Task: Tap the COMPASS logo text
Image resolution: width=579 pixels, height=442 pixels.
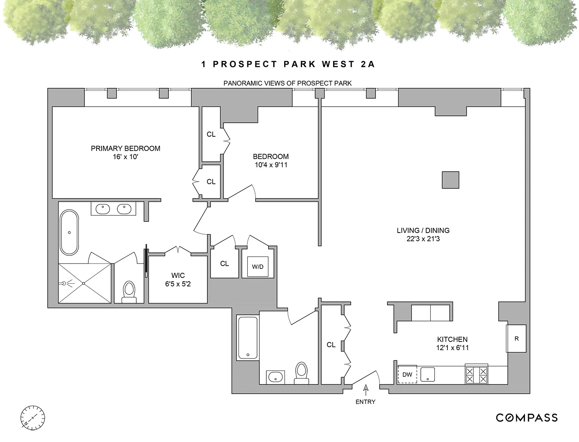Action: pos(527,418)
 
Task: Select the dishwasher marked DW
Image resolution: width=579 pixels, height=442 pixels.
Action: pos(407,374)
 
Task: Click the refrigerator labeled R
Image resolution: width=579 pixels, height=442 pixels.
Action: pos(516,338)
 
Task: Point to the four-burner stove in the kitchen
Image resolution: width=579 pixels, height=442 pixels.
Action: pos(476,374)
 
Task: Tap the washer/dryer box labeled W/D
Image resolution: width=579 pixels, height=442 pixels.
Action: pos(258,267)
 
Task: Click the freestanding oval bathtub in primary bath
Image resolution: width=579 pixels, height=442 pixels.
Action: pos(69,232)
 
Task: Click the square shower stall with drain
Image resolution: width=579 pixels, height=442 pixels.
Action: pos(84,283)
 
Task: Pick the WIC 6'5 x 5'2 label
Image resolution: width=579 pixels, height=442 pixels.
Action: pos(178,280)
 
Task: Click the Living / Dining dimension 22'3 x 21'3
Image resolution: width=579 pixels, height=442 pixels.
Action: pos(423,239)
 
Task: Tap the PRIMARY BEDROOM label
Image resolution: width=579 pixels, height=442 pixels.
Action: pos(125,148)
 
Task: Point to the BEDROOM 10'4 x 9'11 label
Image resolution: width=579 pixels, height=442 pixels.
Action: pos(271,161)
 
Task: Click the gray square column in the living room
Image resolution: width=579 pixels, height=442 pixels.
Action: pos(450,180)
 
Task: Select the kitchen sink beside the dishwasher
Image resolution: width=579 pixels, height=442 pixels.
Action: pos(428,374)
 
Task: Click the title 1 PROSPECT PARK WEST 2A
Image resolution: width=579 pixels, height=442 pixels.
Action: pos(288,64)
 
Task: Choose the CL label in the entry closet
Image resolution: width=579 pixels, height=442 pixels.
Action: pos(331,345)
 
